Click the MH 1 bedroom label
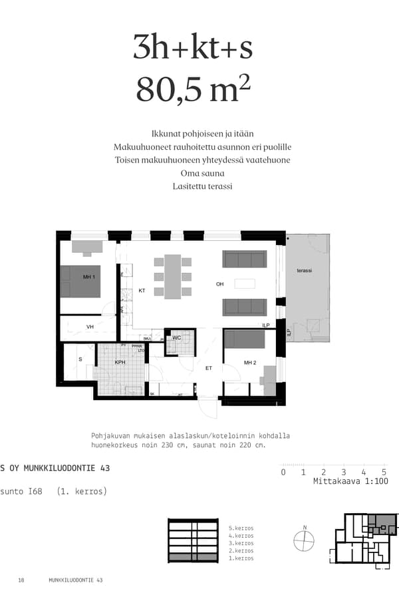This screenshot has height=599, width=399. [x=89, y=277]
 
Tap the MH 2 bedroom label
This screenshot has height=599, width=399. [x=250, y=363]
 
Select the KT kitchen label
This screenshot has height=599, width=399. [x=142, y=291]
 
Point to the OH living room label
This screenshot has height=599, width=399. [x=220, y=284]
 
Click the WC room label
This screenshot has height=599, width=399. [x=176, y=338]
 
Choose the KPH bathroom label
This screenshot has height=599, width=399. [x=120, y=363]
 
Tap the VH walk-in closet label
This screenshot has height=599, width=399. [x=90, y=327]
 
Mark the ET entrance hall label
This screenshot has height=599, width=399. [x=208, y=368]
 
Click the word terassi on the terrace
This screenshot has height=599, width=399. [x=305, y=271]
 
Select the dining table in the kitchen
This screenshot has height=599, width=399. [x=173, y=276]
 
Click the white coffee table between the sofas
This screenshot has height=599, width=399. [x=244, y=284]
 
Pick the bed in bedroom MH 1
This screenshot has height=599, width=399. [x=81, y=282]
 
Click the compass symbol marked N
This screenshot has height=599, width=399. [x=304, y=540]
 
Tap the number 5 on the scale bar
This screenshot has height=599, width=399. [x=384, y=472]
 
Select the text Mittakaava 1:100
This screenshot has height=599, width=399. [x=350, y=481]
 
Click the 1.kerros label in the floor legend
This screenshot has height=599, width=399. [x=240, y=558]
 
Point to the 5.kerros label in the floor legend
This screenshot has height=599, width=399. [x=240, y=528]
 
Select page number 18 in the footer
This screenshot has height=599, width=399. [x=21, y=580]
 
